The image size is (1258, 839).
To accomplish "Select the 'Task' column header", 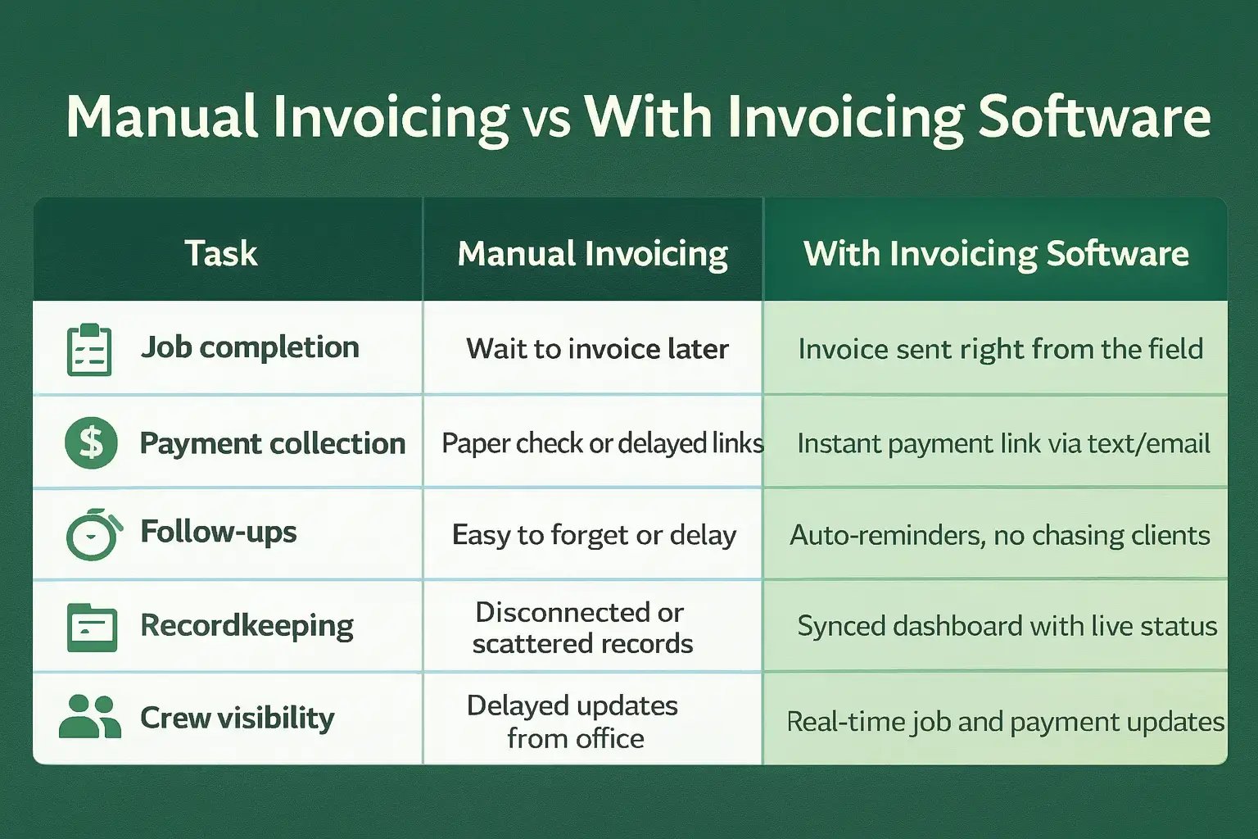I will click(x=221, y=253).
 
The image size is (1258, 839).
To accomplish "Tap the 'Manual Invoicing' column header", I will click(x=592, y=254).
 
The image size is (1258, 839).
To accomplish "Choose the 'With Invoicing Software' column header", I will click(x=996, y=254).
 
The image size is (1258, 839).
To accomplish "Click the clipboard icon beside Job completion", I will click(x=89, y=350).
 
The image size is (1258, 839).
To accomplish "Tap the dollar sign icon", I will click(x=91, y=442).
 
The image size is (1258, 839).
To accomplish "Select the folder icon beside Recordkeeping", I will click(x=91, y=628).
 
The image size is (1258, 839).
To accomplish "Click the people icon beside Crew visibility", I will click(x=90, y=717).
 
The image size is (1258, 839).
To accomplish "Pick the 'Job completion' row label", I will click(x=250, y=347).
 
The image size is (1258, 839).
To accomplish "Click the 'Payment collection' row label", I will click(x=272, y=443).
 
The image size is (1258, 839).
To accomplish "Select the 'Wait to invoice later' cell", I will click(x=597, y=349).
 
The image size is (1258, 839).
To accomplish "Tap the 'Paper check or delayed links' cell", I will click(x=602, y=443).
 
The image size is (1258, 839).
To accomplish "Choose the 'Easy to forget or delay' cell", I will click(x=594, y=535).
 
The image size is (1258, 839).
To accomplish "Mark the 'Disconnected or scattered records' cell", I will click(x=582, y=628).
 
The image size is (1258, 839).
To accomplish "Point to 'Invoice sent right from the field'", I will click(x=1000, y=349).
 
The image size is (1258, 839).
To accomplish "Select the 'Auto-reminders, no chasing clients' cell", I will click(x=999, y=535).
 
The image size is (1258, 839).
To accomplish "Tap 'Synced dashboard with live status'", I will click(x=1007, y=626).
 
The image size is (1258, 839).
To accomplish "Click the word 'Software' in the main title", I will click(x=1094, y=117).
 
